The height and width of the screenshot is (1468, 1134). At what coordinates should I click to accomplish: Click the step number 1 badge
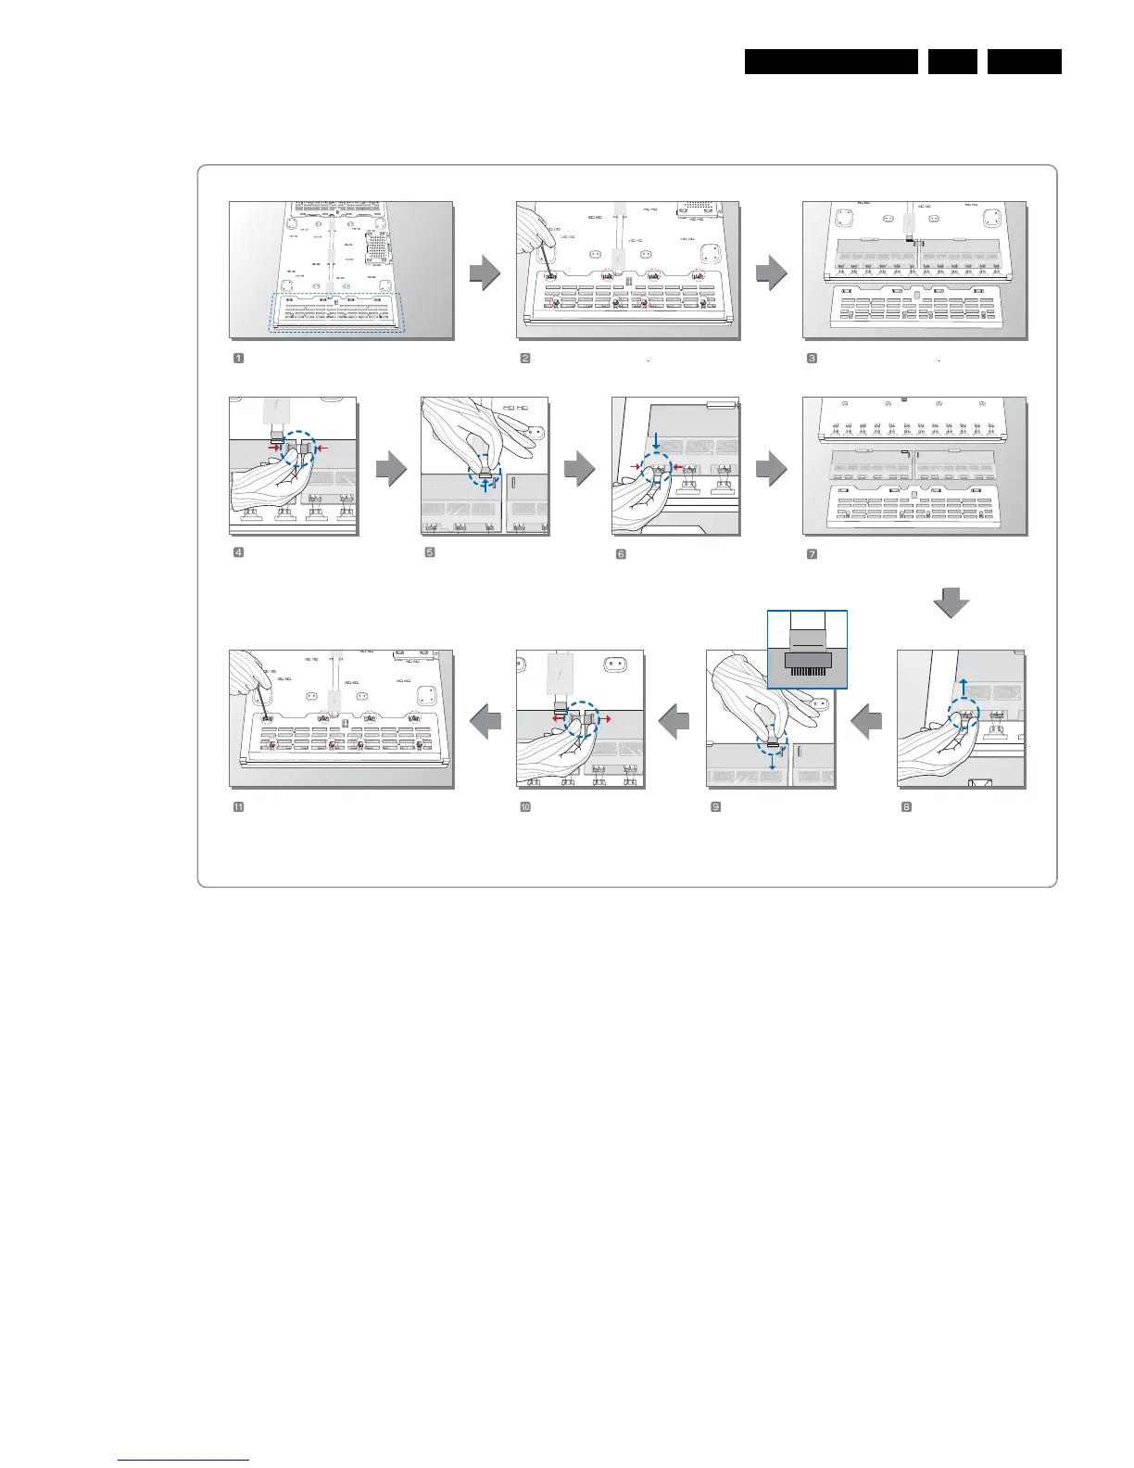click(x=238, y=359)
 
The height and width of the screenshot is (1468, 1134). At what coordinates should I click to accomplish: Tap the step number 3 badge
click(x=812, y=359)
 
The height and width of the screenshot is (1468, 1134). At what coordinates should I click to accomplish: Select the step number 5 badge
click(x=430, y=553)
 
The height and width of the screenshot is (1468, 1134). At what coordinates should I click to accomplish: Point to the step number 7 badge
click(x=812, y=554)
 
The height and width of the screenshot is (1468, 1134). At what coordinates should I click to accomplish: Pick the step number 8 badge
click(x=907, y=806)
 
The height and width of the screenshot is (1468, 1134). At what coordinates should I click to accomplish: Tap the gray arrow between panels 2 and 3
click(x=771, y=272)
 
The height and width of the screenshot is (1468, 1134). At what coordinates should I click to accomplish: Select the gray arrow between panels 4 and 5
click(x=390, y=468)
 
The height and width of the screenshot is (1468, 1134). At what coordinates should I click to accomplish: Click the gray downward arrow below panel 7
click(x=951, y=605)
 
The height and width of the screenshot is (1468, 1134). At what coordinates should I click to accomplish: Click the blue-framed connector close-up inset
click(x=807, y=650)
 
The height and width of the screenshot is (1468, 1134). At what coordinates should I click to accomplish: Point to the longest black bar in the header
click(x=831, y=61)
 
